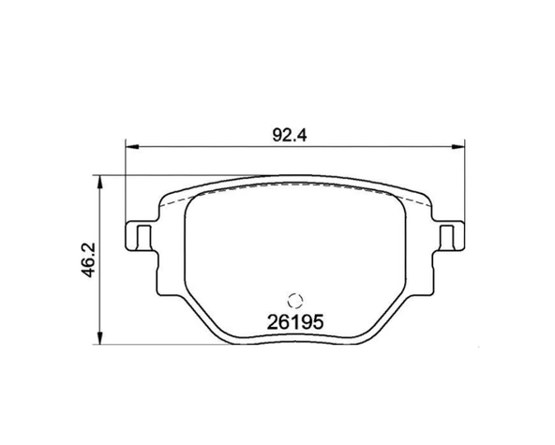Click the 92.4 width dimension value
pos(290,135)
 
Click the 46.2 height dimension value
pos(88,260)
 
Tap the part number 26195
pos(295,322)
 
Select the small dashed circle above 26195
pos(294,302)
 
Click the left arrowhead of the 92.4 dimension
pos(132,146)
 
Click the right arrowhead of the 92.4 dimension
pos(457,146)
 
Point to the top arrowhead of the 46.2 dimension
pos(100,182)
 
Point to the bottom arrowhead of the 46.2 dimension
pos(100,338)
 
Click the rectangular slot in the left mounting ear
pos(143,237)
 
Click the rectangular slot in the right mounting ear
pos(446,237)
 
